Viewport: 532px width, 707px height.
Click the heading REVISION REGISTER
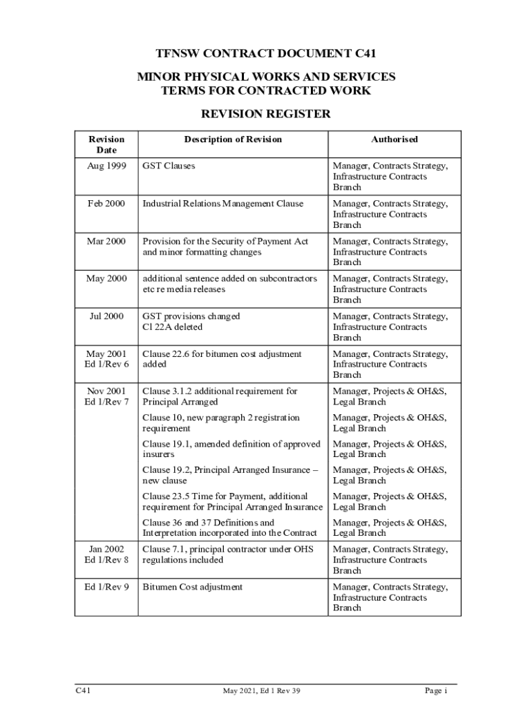click(x=266, y=114)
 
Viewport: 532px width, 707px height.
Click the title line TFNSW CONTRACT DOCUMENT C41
click(x=266, y=53)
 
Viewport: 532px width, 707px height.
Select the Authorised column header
click(x=395, y=139)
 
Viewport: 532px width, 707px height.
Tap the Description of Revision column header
click(x=233, y=139)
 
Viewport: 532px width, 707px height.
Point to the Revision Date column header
click(x=106, y=144)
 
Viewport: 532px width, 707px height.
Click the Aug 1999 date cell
click(x=106, y=166)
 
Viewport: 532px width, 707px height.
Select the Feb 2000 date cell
click(x=106, y=204)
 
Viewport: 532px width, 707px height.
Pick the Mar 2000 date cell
click(x=106, y=242)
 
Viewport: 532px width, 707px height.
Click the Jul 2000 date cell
click(x=106, y=316)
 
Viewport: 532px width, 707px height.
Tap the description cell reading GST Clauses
click(x=169, y=166)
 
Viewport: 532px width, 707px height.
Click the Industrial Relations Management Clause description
click(x=222, y=204)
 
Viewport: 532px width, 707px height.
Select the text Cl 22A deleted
click(x=173, y=327)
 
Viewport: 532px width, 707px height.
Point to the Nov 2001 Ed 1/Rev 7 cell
click(x=106, y=396)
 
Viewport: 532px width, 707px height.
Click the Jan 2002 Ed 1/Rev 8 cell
click(x=106, y=554)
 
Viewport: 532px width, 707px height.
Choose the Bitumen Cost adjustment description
click(x=192, y=587)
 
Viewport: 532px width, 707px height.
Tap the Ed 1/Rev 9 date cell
click(x=106, y=587)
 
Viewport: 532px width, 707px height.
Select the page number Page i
click(x=437, y=690)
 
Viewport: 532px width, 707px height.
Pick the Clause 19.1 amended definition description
click(x=231, y=449)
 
